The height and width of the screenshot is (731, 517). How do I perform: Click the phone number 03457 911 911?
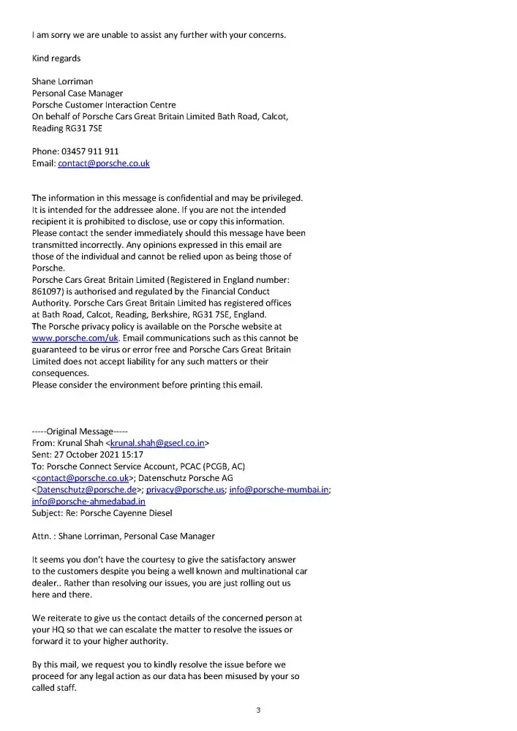[89, 151]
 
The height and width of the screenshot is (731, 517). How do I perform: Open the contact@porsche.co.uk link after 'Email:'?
[103, 163]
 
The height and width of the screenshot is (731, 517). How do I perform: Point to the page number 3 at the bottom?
[258, 710]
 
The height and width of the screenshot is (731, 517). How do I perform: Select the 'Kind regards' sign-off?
[56, 58]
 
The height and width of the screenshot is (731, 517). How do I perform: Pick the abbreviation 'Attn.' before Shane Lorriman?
[41, 537]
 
